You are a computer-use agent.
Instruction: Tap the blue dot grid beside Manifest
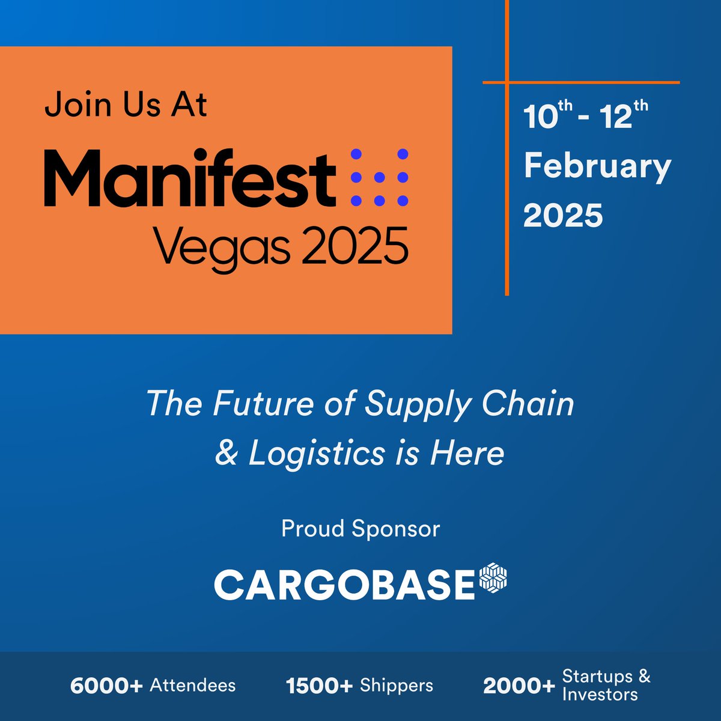(x=379, y=178)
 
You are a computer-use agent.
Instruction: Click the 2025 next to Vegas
(x=355, y=246)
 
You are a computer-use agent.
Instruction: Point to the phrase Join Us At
(x=126, y=105)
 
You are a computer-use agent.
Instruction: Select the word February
(x=597, y=167)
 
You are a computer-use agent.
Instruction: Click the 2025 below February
(x=563, y=215)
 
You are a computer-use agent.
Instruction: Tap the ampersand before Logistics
(x=227, y=453)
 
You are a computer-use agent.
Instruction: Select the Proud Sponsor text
(x=360, y=529)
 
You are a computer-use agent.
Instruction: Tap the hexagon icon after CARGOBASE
(x=493, y=578)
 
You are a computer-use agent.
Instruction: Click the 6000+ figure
(x=106, y=686)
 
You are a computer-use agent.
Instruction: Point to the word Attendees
(x=193, y=686)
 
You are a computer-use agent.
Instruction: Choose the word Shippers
(x=397, y=686)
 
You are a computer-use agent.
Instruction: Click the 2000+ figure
(x=519, y=686)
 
